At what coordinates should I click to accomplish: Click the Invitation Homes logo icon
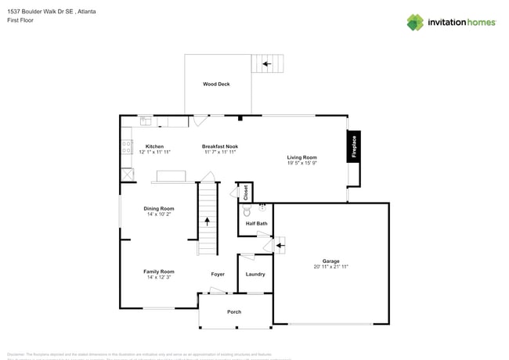click(x=414, y=22)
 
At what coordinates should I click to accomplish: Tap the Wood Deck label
click(x=216, y=84)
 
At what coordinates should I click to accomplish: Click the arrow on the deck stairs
click(x=266, y=63)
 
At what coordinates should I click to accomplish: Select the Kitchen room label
click(x=154, y=146)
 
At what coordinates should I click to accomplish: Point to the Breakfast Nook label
click(x=219, y=146)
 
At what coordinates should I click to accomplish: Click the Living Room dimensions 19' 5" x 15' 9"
click(x=301, y=163)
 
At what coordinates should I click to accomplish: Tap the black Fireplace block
click(x=353, y=146)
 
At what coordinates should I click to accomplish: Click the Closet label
click(x=244, y=192)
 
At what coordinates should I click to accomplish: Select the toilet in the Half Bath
click(x=247, y=211)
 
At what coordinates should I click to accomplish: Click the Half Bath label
click(x=256, y=224)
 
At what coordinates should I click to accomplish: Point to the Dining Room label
click(x=158, y=208)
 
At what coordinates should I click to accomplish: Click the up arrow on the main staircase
click(x=208, y=221)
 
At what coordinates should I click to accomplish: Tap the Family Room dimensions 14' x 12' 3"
click(x=158, y=277)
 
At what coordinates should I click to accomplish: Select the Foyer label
click(x=218, y=274)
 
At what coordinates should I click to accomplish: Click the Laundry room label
click(x=255, y=274)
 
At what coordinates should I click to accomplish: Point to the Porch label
click(x=234, y=311)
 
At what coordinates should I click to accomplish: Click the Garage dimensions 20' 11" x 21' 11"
click(x=330, y=267)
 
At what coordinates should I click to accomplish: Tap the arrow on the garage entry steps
click(x=278, y=247)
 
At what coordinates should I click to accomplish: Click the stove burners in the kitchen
click(x=126, y=148)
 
